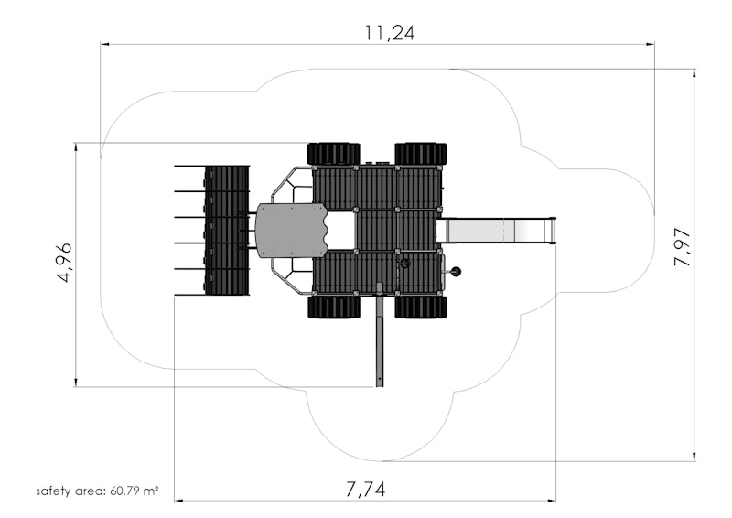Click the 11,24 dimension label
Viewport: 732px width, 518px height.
click(390, 33)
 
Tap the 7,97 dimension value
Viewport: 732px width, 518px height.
click(683, 247)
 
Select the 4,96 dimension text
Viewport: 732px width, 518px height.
click(63, 262)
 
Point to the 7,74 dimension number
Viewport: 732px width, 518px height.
click(366, 490)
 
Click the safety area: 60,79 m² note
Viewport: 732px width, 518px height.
click(97, 491)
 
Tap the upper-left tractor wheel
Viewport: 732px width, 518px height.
click(334, 154)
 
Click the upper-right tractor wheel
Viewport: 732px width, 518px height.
click(421, 154)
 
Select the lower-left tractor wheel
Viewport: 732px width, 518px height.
click(334, 307)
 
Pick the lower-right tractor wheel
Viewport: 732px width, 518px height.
click(421, 307)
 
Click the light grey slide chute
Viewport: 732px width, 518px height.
click(496, 231)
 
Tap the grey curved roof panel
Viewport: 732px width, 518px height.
click(291, 231)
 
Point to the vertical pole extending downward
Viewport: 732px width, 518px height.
click(380, 335)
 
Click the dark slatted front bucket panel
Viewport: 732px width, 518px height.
click(227, 230)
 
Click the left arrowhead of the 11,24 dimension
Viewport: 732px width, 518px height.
click(104, 44)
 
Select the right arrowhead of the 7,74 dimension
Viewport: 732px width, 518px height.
click(552, 501)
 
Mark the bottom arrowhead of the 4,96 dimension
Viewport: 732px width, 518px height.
click(76, 383)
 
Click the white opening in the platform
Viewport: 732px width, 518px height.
click(341, 232)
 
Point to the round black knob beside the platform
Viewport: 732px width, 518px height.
click(455, 271)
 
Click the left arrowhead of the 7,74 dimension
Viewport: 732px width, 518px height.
click(178, 501)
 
